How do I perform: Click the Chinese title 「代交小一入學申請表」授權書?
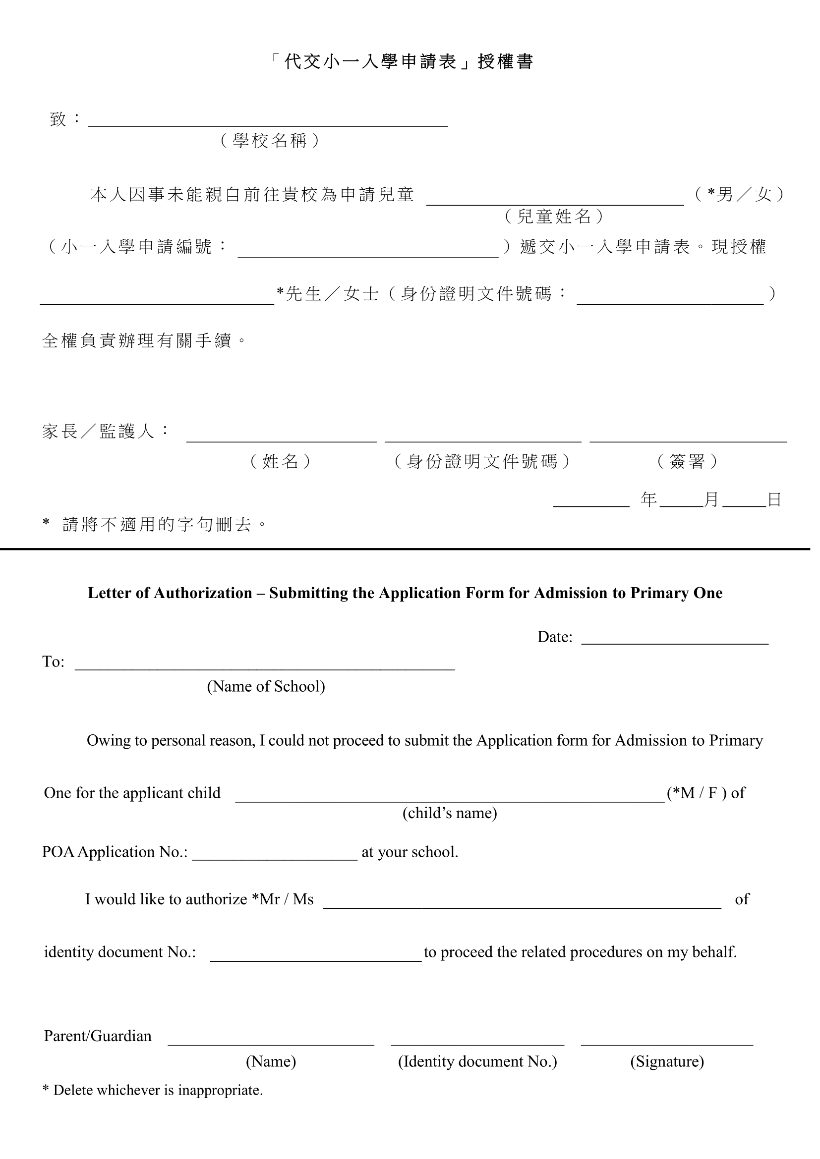[402, 61]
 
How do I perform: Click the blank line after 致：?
[268, 121]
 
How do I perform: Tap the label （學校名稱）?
[270, 140]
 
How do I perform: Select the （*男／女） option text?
[739, 194]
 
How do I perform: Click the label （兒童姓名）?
[554, 217]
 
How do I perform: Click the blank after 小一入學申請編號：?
[367, 252]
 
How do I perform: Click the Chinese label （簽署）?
[687, 461]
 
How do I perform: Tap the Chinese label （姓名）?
[281, 461]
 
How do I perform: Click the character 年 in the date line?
[648, 500]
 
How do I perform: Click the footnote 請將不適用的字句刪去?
[157, 524]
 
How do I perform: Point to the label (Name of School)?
[266, 686]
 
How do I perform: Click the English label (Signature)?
[666, 1061]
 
